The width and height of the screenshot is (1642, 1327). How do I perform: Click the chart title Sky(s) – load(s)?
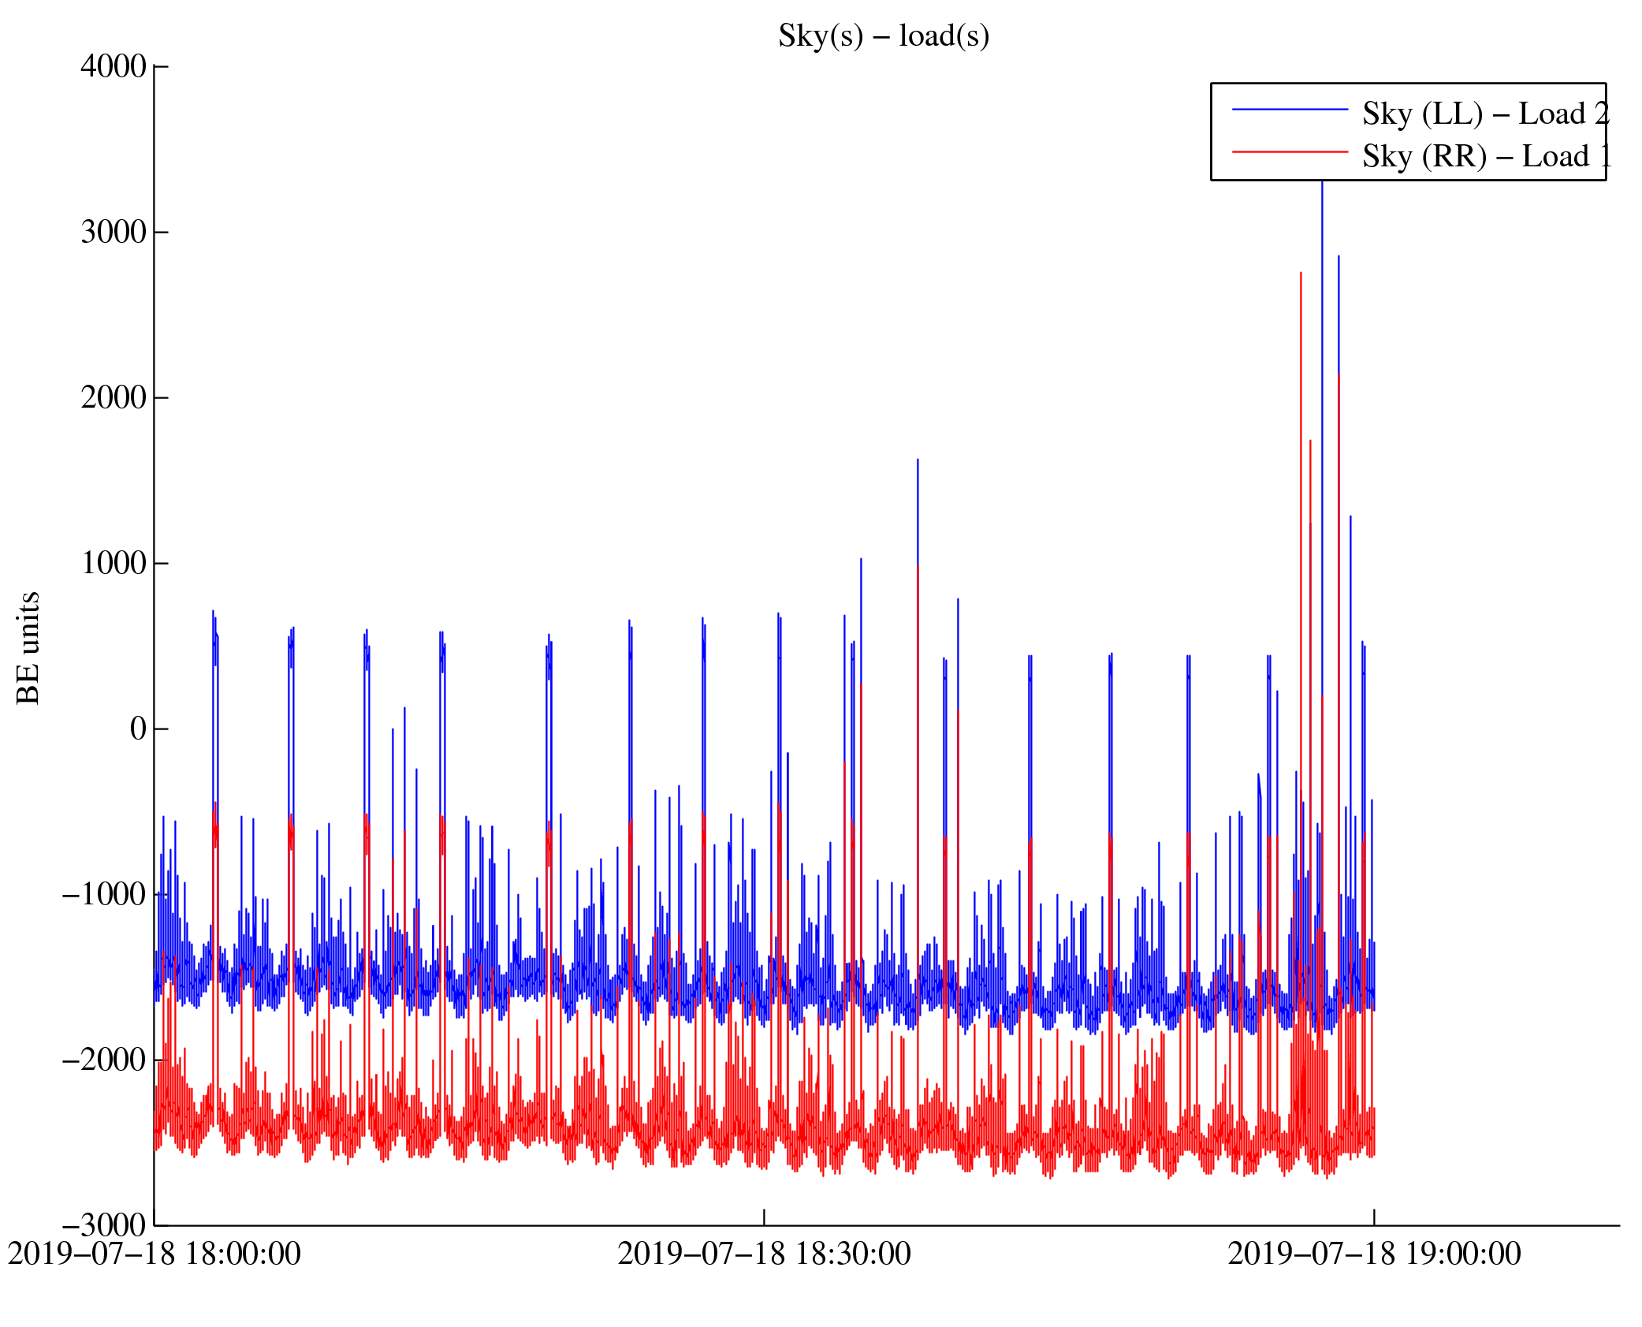tap(883, 36)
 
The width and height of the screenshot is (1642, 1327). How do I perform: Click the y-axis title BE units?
tap(28, 647)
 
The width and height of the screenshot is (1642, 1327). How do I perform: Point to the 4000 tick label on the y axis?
tap(114, 66)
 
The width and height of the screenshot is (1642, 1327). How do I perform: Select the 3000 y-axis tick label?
tap(114, 232)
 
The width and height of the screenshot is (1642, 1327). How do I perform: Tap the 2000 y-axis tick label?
tap(114, 397)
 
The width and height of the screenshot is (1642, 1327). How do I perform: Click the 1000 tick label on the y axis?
tap(114, 563)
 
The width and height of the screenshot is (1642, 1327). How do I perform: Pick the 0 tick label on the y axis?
tap(138, 729)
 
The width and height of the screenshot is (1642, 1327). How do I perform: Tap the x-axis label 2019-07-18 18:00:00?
tap(155, 1254)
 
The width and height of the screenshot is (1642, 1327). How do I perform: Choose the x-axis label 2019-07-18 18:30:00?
tap(764, 1254)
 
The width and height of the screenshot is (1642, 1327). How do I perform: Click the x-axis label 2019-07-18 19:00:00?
tap(1374, 1254)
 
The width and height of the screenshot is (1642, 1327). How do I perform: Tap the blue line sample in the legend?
tap(1290, 110)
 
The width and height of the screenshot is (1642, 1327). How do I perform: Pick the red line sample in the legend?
tap(1290, 151)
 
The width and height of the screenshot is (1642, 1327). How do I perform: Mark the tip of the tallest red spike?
tap(1301, 273)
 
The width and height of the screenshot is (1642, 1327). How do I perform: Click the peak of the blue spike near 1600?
tap(918, 460)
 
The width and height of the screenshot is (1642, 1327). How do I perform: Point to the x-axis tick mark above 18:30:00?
tap(764, 1217)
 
